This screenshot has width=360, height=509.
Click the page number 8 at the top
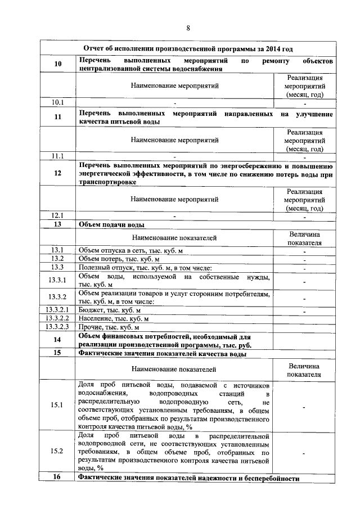pos(188,29)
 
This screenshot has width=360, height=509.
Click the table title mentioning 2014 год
pos(187,49)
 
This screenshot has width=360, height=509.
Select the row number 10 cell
pos(57,64)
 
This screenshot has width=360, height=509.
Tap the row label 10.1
pos(57,102)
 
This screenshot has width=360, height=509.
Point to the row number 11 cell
pos(57,118)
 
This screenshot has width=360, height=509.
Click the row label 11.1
pos(57,156)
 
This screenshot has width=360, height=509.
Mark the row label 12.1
pos(57,215)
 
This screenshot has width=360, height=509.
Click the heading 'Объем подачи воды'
pos(111,224)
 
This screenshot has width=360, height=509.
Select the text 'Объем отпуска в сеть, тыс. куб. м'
pos(131,250)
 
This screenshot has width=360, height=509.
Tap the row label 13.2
pos(57,259)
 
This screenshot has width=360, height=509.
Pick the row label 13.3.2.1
pos(57,310)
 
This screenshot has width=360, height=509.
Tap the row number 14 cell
pos(57,340)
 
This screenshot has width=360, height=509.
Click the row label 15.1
pos(57,405)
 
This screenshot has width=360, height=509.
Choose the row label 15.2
pos(57,451)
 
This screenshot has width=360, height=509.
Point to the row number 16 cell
pos(57,478)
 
